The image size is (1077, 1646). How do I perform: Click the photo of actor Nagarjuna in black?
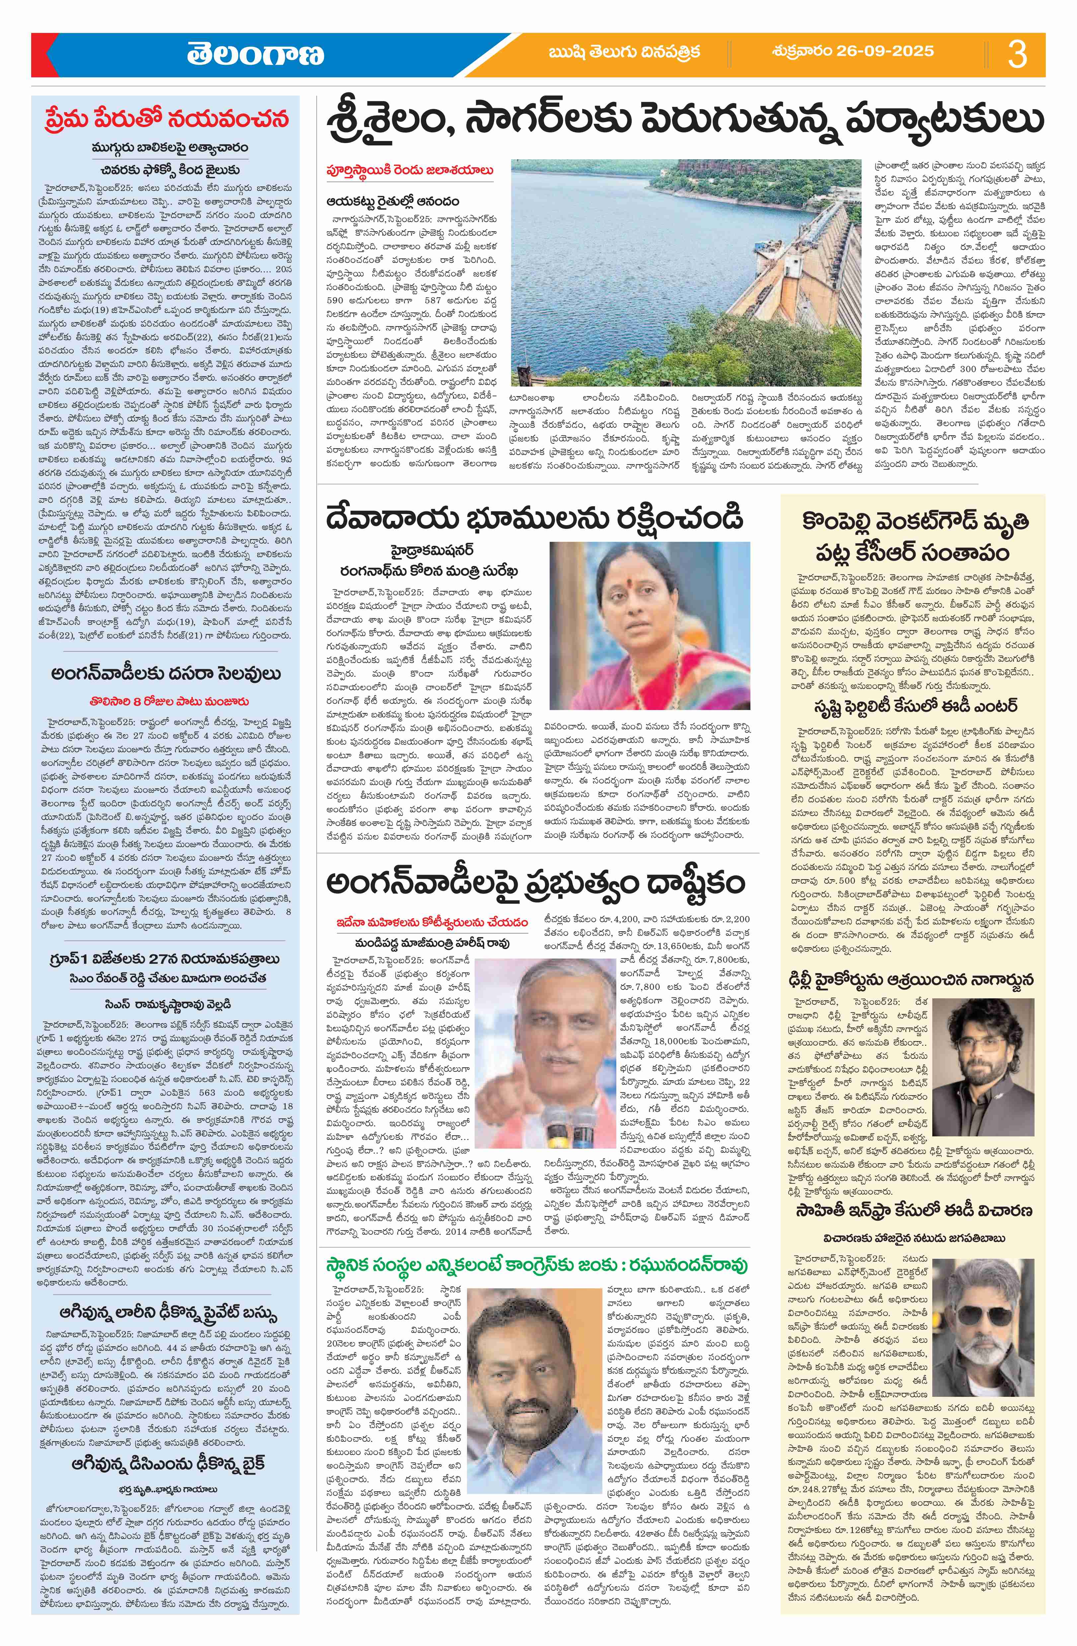click(977, 1055)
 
